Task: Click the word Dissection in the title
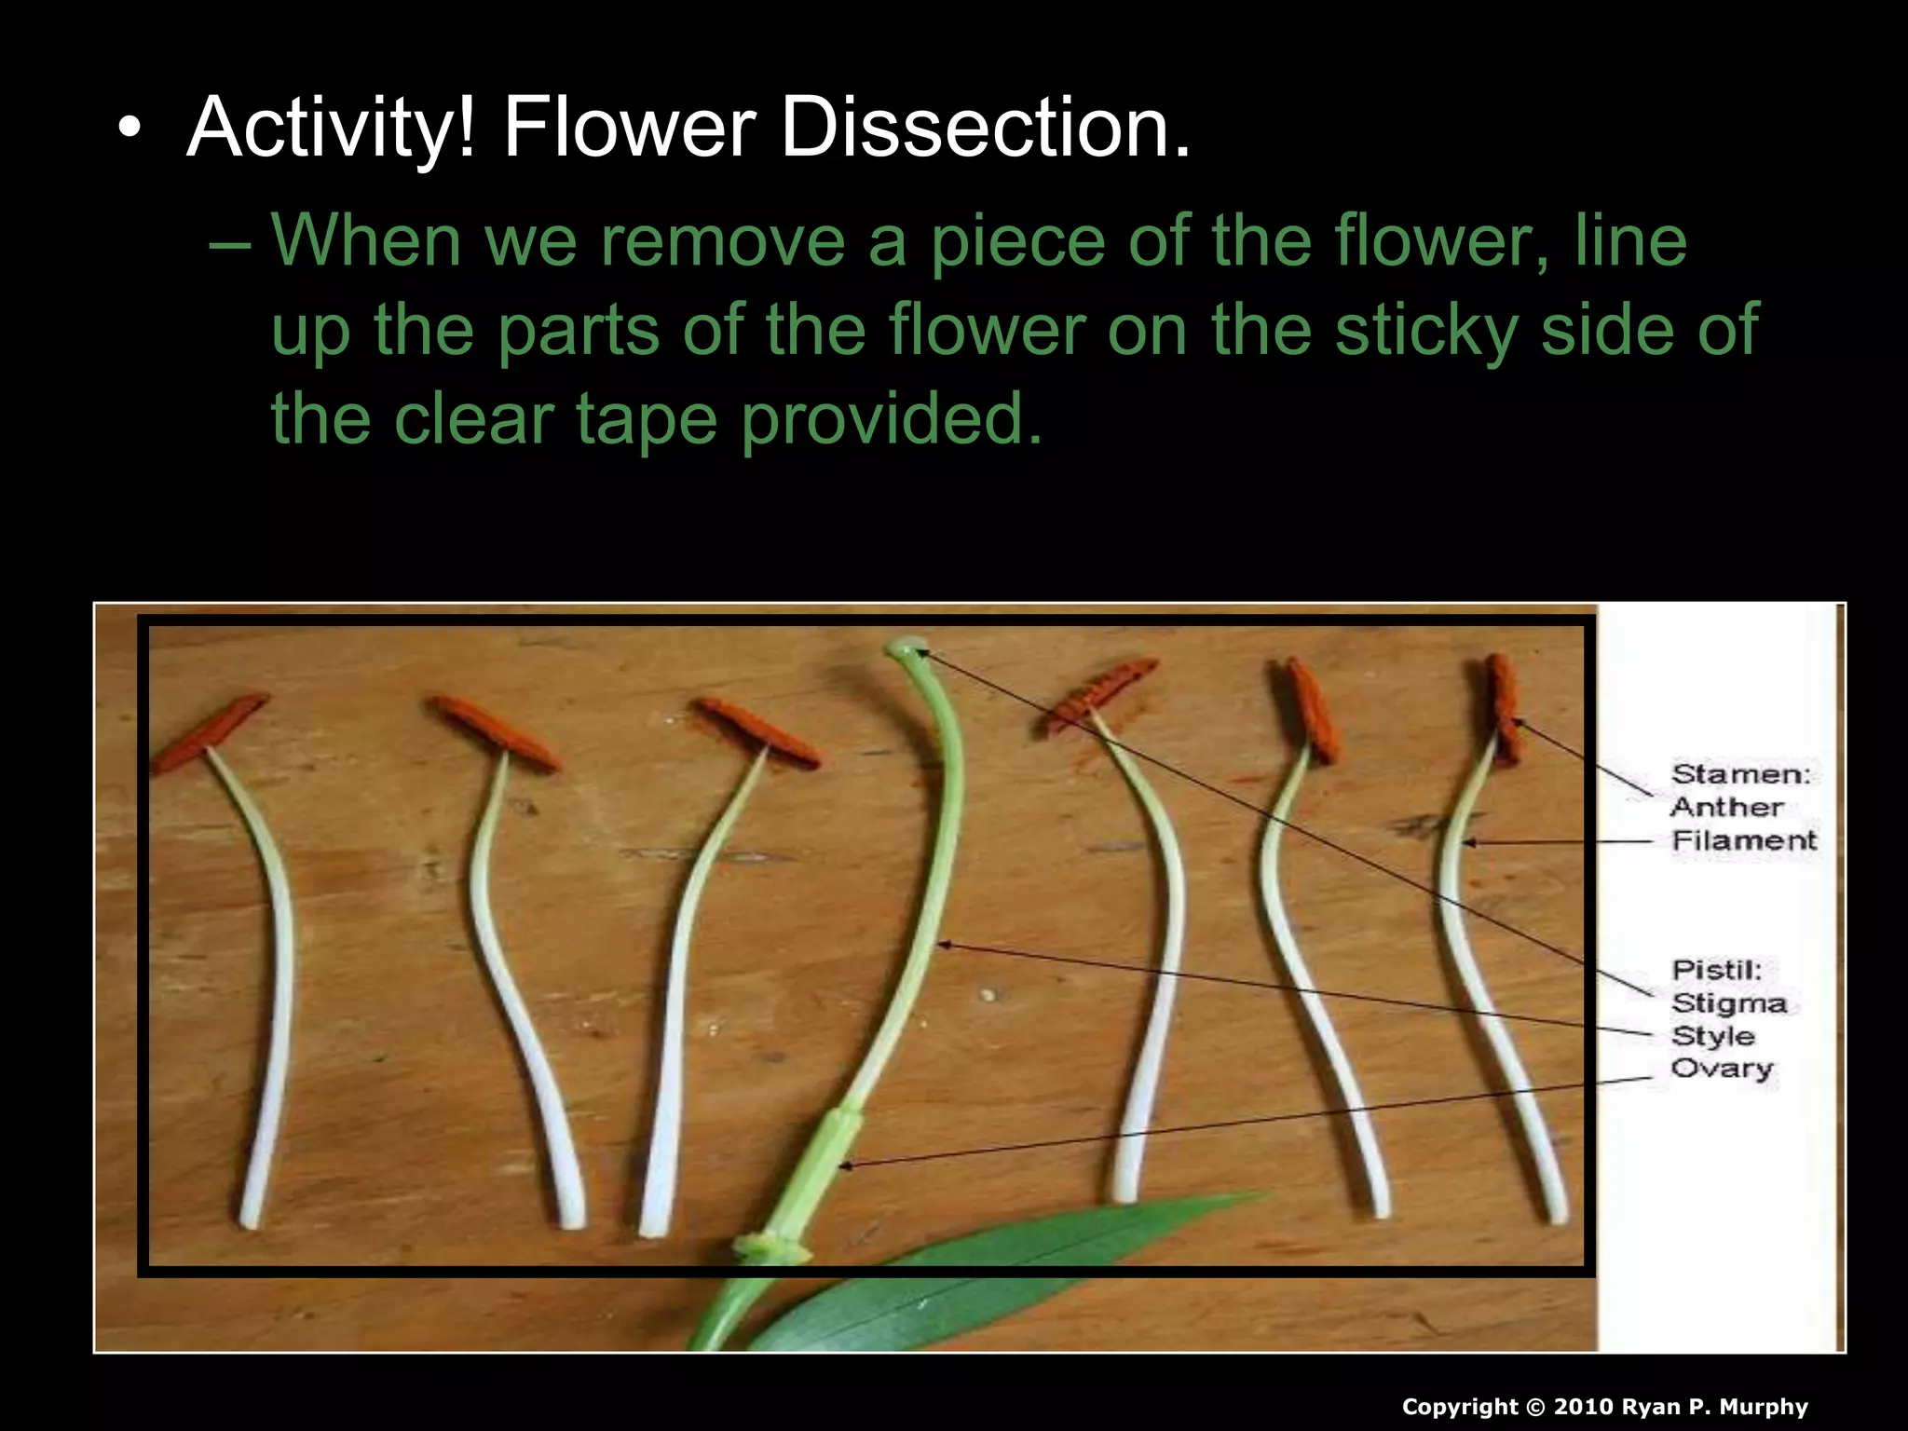pyautogui.click(x=985, y=128)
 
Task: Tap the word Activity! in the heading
pyautogui.click(x=332, y=128)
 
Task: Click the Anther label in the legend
pyautogui.click(x=1726, y=807)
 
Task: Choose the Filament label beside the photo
pyautogui.click(x=1744, y=840)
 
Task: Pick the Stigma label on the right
pyautogui.click(x=1729, y=1003)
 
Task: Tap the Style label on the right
pyautogui.click(x=1713, y=1036)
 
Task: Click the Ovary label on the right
pyautogui.click(x=1722, y=1069)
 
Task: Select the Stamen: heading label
pyautogui.click(x=1740, y=774)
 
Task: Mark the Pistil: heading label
pyautogui.click(x=1716, y=970)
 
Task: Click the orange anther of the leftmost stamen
pyautogui.click(x=211, y=730)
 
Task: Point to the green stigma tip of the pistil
pyautogui.click(x=906, y=647)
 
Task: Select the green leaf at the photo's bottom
pyautogui.click(x=978, y=1276)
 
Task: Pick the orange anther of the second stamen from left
pyautogui.click(x=494, y=732)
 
